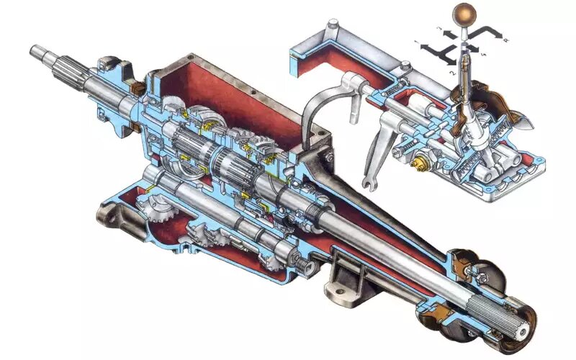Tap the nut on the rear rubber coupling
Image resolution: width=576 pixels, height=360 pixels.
point(479,274)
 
